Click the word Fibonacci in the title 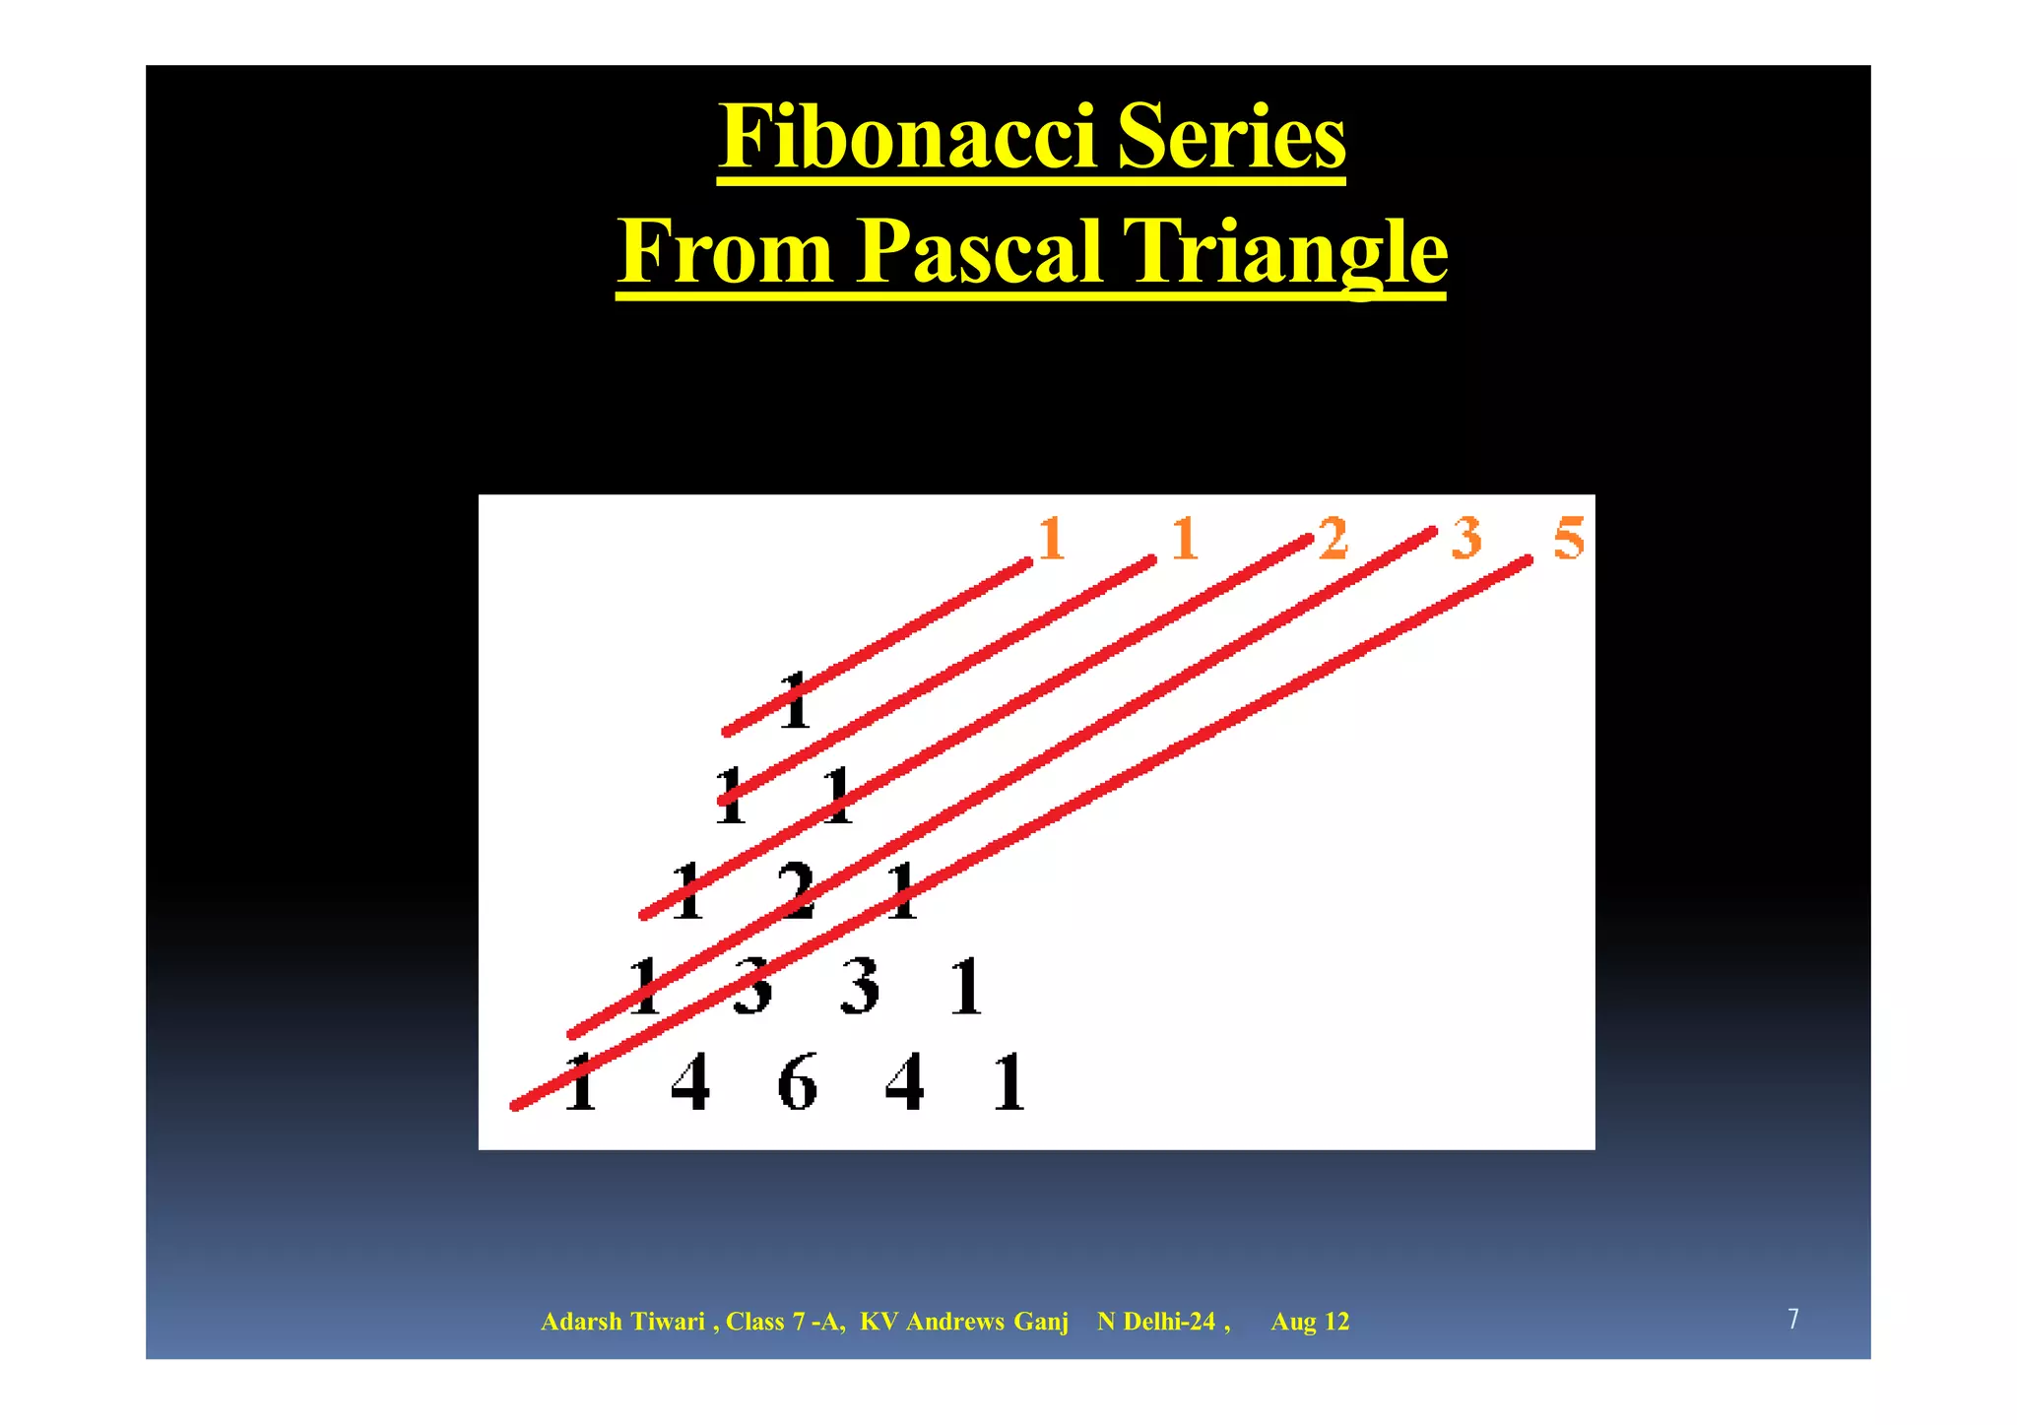tap(906, 138)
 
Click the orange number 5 tap(1569, 540)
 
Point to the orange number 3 tap(1466, 539)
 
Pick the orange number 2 tap(1333, 539)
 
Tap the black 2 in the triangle tap(796, 890)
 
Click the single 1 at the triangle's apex tap(795, 701)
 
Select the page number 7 tap(1793, 1319)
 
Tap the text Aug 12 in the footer tap(1310, 1322)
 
